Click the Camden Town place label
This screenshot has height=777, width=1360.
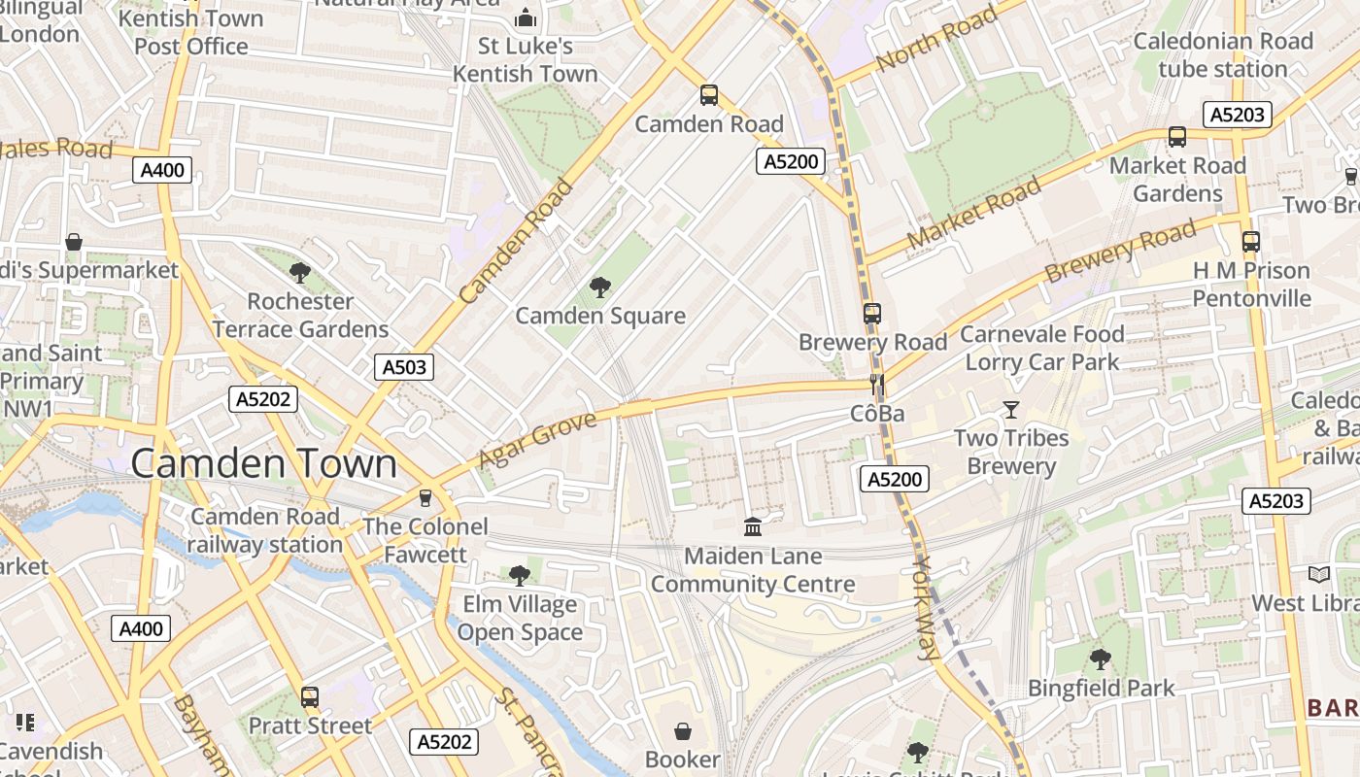click(263, 463)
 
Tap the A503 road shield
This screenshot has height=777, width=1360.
click(404, 367)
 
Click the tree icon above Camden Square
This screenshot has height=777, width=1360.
click(600, 287)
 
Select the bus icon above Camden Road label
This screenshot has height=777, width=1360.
click(709, 95)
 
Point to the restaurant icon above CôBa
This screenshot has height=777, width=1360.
click(877, 385)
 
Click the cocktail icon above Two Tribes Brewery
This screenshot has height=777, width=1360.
click(1011, 410)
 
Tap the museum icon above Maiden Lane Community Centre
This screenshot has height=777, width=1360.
click(752, 527)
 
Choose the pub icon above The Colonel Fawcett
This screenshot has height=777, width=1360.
click(425, 498)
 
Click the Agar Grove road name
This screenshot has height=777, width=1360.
click(537, 439)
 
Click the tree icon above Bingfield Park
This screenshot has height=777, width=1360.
click(1101, 659)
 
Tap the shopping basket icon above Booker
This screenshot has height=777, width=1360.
click(683, 730)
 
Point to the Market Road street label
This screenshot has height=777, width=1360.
click(973, 212)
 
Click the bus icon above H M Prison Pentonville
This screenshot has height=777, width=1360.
click(1251, 241)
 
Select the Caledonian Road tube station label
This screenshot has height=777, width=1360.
click(1222, 55)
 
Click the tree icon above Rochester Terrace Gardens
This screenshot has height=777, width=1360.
click(300, 273)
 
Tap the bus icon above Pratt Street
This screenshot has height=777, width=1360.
click(310, 696)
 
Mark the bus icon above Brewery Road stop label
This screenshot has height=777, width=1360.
click(872, 314)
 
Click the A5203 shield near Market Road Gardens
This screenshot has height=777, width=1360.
click(1238, 115)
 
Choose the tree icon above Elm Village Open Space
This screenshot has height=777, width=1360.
click(520, 576)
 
